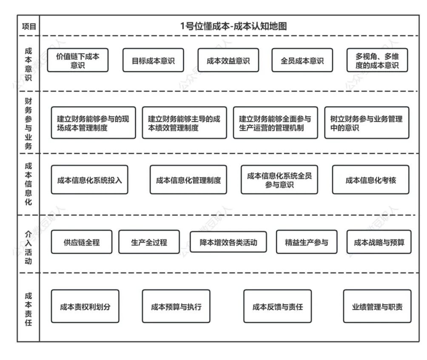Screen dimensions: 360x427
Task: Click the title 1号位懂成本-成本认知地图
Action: (x=233, y=26)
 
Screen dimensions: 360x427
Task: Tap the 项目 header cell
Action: (x=28, y=26)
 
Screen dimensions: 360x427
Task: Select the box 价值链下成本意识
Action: (x=78, y=60)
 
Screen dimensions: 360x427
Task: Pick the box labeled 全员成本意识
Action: (x=302, y=60)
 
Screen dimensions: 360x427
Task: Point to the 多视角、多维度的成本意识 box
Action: (x=377, y=60)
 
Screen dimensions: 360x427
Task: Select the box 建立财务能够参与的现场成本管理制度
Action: (x=93, y=123)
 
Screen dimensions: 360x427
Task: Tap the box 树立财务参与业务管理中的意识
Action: (x=367, y=123)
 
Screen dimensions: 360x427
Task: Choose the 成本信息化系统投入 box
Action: (x=89, y=180)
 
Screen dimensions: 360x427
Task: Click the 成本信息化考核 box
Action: (x=370, y=180)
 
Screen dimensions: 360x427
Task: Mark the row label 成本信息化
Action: (x=28, y=184)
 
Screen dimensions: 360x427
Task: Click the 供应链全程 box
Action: (x=82, y=242)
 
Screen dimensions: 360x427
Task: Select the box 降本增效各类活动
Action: (x=228, y=242)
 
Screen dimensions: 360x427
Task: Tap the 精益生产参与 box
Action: (x=306, y=242)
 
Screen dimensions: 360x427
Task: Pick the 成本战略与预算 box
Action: (x=379, y=242)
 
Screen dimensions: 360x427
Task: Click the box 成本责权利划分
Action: (x=85, y=306)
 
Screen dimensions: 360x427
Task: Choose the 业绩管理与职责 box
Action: (x=377, y=306)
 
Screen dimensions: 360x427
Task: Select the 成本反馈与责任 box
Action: (x=277, y=306)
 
